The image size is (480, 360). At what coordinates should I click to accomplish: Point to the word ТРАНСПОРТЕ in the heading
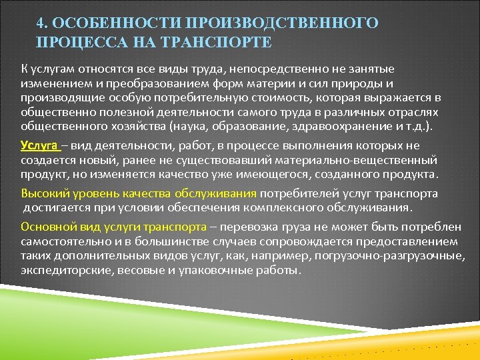coord(217,42)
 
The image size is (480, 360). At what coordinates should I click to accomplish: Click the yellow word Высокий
coord(43,194)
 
